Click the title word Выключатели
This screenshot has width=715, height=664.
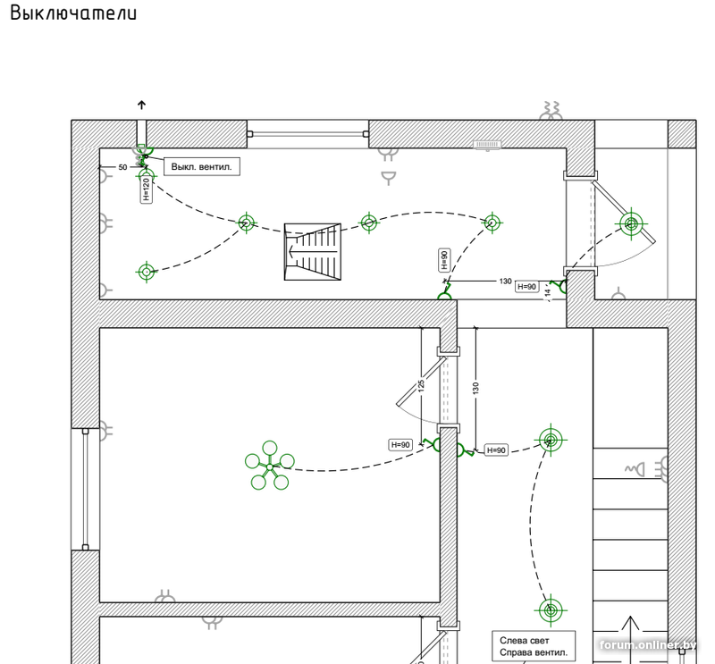coord(73,13)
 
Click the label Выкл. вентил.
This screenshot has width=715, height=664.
coord(202,167)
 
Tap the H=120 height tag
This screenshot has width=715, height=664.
coord(146,189)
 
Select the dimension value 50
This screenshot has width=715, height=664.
coord(122,167)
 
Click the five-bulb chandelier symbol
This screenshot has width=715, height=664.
coord(270,466)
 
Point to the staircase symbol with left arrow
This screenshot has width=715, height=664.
coord(312,252)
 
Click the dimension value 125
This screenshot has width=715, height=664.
coord(421,385)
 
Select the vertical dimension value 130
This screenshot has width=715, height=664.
coord(475,388)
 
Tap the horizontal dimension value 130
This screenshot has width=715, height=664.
coord(505,282)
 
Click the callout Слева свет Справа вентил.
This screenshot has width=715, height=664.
coord(534,646)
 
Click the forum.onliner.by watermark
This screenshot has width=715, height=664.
coord(648,645)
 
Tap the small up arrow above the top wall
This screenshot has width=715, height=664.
coord(141,105)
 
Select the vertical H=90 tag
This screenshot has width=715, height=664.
coord(444,260)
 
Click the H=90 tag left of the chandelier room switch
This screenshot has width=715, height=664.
coord(400,445)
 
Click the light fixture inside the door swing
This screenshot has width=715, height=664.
coord(631,224)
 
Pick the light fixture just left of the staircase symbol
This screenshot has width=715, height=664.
coord(247,223)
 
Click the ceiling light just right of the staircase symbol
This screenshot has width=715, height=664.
coord(369,223)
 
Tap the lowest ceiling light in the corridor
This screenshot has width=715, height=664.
coord(551,609)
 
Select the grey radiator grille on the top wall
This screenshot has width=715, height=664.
coord(487,145)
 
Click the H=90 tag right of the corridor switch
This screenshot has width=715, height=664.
coord(496,450)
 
